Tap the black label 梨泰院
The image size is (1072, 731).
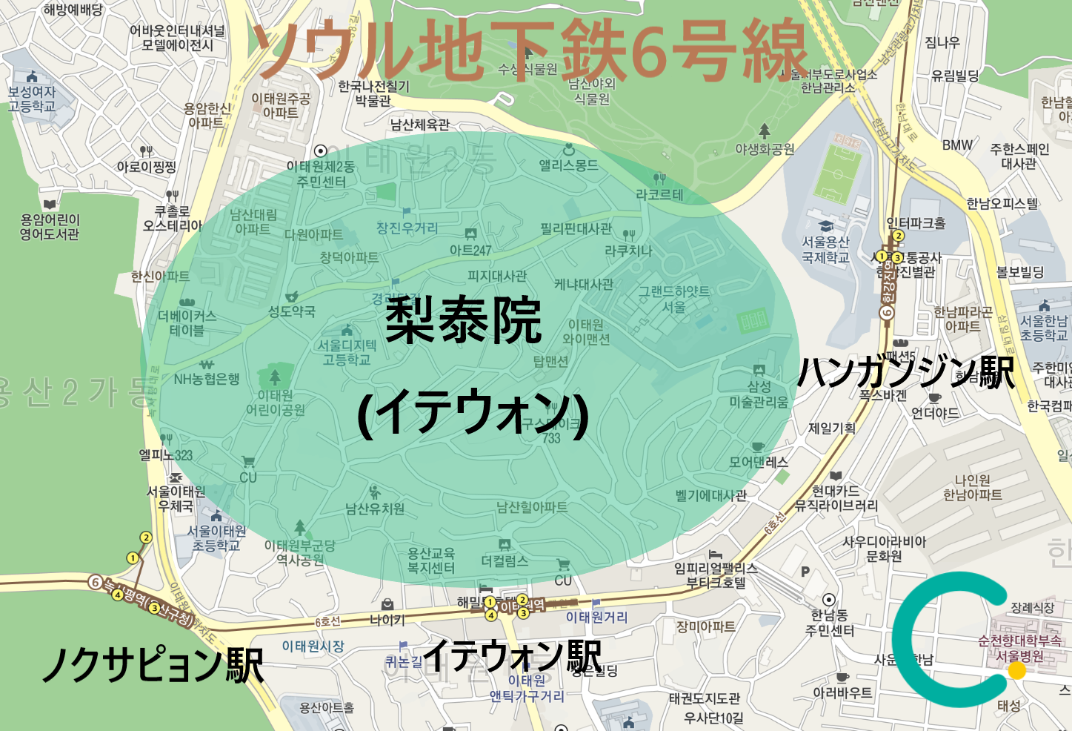(464, 320)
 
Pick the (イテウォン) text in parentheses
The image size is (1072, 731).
(473, 412)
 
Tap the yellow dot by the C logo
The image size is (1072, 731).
(1017, 670)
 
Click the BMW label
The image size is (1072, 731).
(957, 145)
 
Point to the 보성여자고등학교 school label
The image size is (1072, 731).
(32, 99)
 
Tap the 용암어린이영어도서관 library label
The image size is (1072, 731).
(50, 227)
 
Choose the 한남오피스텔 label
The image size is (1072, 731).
(1002, 203)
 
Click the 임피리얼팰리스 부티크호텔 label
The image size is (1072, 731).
(716, 575)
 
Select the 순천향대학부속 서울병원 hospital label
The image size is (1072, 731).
(1019, 648)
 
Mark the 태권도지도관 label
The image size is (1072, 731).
(704, 698)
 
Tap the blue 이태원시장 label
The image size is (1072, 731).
(313, 646)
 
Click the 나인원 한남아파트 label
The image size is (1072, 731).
(972, 488)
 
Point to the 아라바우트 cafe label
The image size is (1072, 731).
(842, 693)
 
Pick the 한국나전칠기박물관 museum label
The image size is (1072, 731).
(373, 93)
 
